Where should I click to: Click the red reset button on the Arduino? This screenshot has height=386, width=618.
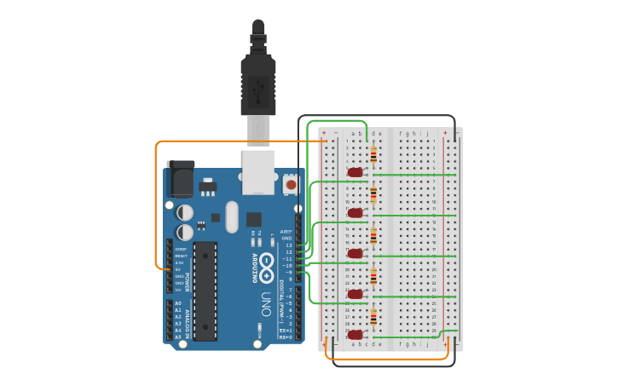tap(291, 184)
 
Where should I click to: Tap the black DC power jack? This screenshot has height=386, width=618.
tap(181, 178)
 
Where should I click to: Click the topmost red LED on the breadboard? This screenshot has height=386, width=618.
tap(355, 172)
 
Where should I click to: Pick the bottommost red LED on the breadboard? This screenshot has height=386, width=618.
tap(355, 334)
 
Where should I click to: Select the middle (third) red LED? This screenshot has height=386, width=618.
tap(355, 253)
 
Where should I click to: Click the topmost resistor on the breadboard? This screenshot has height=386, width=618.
tap(373, 154)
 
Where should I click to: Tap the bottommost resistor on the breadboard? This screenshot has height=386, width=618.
tap(373, 316)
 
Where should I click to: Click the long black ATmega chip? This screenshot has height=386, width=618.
tap(205, 291)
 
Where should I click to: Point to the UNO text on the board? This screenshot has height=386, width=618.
tap(266, 304)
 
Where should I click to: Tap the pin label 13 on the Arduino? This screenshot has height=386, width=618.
tap(288, 245)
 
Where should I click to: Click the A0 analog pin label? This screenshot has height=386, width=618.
tap(178, 303)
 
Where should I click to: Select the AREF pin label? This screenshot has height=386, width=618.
tap(286, 232)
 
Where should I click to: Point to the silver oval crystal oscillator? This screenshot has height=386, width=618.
tap(232, 216)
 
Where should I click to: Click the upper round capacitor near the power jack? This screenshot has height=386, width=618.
tap(185, 212)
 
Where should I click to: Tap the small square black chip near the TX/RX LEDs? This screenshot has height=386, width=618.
tap(254, 219)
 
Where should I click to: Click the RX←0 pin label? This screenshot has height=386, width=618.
tap(286, 337)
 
